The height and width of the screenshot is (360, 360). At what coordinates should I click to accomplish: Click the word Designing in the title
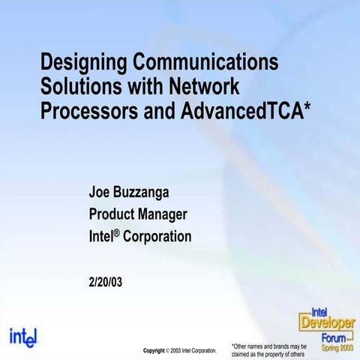click(x=82, y=61)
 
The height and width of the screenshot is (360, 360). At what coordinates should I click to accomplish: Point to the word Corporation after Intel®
click(x=157, y=237)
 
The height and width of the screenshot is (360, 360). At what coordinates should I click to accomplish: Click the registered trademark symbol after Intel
click(x=116, y=233)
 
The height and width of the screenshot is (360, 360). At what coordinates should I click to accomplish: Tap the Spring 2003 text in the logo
click(x=335, y=346)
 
